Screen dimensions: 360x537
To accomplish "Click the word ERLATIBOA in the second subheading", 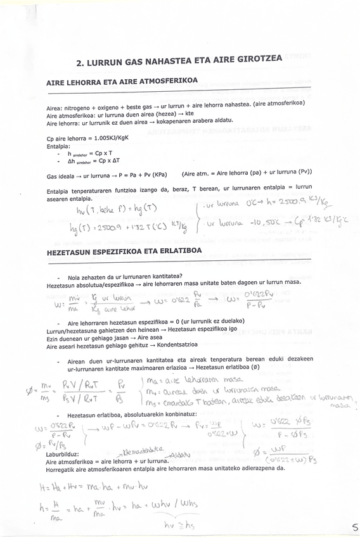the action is coord(177,251).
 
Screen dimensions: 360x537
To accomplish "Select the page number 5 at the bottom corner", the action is coord(354,527).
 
